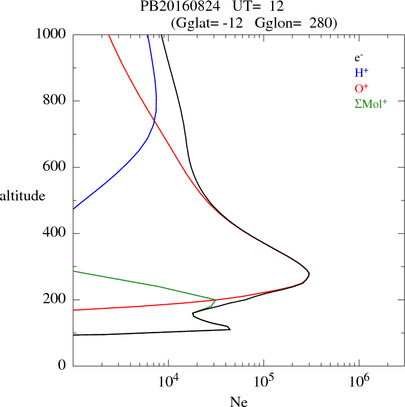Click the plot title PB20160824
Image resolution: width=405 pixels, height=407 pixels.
177,7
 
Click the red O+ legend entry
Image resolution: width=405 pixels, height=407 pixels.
362,87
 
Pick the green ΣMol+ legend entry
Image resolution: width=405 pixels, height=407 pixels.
371,103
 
